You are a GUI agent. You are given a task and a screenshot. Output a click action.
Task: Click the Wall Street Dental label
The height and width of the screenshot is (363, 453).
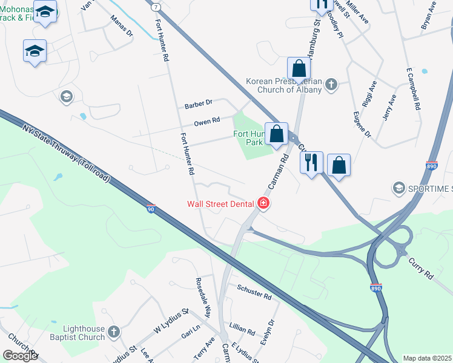[x=220, y=204]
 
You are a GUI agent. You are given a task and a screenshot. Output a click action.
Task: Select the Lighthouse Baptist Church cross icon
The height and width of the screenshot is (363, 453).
[x=113, y=332]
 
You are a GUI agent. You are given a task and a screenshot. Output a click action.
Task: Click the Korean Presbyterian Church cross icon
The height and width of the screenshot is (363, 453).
[x=331, y=84]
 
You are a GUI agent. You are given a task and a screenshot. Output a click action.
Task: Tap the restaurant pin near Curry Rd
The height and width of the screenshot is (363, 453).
[x=311, y=163]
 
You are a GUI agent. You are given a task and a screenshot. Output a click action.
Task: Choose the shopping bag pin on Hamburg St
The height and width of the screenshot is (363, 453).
[x=299, y=69]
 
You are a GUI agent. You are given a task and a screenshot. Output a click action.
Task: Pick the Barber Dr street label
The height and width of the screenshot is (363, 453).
[x=199, y=104]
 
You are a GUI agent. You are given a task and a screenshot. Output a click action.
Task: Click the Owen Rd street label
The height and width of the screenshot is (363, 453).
[x=207, y=122]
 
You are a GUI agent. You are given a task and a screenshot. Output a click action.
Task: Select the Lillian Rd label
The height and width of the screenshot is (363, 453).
[x=242, y=329]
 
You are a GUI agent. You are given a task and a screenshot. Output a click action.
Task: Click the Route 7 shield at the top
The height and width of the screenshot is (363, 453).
[x=156, y=7]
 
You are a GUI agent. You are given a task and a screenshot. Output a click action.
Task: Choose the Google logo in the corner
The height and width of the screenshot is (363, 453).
[x=20, y=355]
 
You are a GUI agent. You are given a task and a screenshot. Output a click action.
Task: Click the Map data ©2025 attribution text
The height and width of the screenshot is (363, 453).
[x=428, y=358]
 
